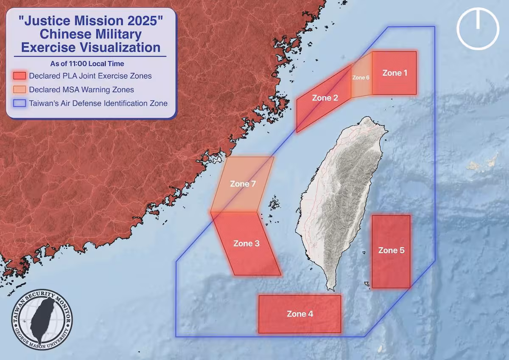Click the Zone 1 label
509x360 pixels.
pos(394,73)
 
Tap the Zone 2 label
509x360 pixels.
pos(325,98)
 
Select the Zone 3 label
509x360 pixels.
pos(246,244)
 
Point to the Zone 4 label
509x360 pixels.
pos(300,314)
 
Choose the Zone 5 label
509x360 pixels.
pos(391,250)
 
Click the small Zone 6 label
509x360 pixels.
pos(361,78)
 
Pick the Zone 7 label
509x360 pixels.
pos(243,184)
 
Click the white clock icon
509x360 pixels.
pos(478,28)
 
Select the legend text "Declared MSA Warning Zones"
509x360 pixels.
pos(81,90)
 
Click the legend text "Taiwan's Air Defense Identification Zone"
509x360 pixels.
pos(98,103)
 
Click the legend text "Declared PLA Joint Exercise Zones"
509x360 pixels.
pos(90,76)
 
